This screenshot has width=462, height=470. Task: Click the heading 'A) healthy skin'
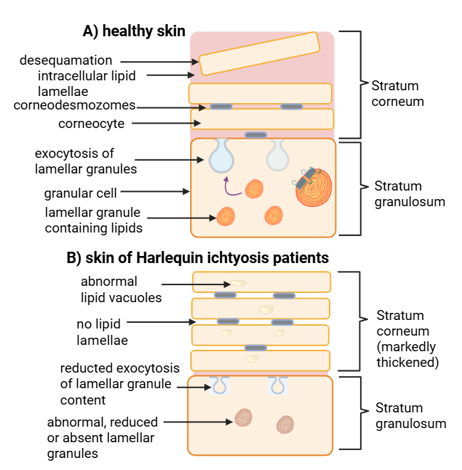point(134,31)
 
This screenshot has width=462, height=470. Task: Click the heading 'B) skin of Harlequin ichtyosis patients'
point(198,257)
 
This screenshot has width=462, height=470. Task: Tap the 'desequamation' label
point(66,60)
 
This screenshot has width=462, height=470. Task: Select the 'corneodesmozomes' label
point(75,105)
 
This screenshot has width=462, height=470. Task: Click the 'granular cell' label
point(80,192)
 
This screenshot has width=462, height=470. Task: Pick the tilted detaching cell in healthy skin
point(260,53)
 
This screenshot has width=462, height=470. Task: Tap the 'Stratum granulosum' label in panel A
point(409,193)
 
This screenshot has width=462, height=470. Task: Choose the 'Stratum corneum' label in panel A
point(397,93)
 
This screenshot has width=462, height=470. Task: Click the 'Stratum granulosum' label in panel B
point(411,416)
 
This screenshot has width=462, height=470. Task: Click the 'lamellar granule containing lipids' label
point(93,220)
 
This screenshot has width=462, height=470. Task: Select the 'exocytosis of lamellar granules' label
point(85,161)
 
